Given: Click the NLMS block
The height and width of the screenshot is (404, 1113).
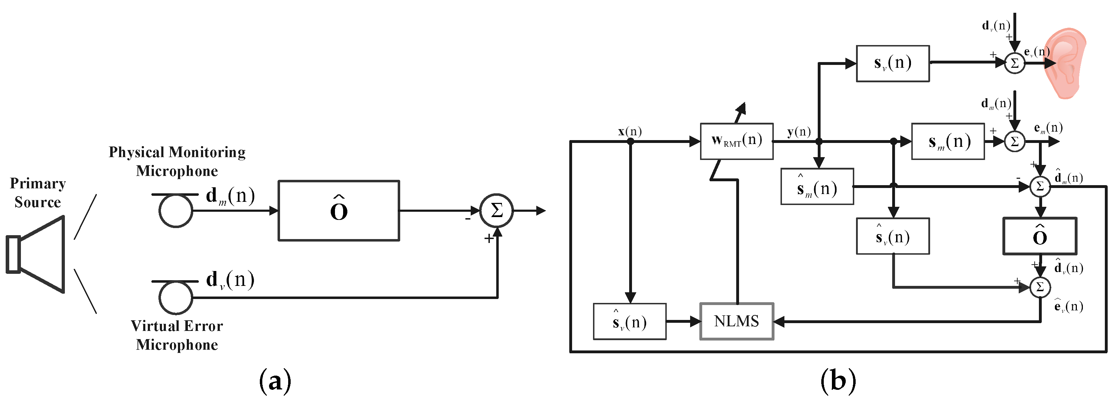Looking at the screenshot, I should click(x=736, y=321).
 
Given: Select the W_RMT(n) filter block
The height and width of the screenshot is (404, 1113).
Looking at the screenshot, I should click(x=736, y=141).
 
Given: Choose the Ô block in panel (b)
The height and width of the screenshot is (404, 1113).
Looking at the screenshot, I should click(x=1039, y=236).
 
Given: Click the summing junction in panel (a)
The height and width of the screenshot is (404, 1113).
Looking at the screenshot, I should click(x=497, y=211).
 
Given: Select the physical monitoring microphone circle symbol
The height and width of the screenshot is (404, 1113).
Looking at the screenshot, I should click(x=175, y=211).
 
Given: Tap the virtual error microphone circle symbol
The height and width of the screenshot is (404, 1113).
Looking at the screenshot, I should click(x=175, y=298).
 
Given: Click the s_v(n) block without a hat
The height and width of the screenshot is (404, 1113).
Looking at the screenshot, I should click(x=893, y=63).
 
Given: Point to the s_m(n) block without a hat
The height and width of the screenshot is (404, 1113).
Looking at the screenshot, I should click(x=947, y=142).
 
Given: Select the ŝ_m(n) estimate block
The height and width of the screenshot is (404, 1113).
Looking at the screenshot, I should click(x=817, y=187).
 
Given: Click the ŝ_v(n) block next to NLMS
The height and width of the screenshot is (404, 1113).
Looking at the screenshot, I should click(x=630, y=321).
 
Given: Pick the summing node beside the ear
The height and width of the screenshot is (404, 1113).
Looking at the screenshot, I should click(x=1014, y=63).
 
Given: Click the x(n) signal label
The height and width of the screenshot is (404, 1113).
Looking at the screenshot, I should click(x=630, y=131).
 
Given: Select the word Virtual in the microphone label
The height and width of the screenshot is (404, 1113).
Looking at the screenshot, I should click(x=152, y=326).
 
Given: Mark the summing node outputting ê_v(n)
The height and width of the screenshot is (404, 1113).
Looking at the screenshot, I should click(x=1040, y=287).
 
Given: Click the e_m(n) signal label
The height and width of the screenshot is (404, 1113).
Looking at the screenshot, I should click(x=1048, y=128).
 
